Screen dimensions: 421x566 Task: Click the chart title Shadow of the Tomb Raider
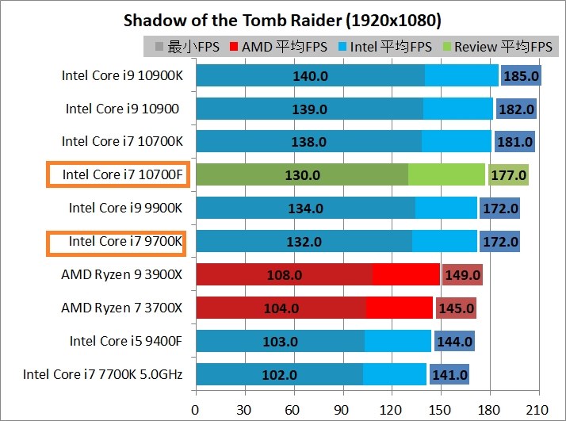[x=282, y=19]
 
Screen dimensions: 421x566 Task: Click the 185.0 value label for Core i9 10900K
[x=521, y=76]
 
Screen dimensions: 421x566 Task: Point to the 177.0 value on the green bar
[x=508, y=175]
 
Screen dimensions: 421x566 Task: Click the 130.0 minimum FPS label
[x=301, y=175]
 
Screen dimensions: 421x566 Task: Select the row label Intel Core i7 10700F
[x=117, y=174]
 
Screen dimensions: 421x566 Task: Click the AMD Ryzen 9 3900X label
[x=121, y=275]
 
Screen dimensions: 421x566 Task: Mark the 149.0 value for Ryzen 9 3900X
[x=462, y=275]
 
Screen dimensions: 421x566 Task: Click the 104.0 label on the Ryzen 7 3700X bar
[x=281, y=308]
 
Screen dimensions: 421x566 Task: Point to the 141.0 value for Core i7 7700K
[x=449, y=375]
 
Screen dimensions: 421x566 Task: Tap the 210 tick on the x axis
[x=539, y=410]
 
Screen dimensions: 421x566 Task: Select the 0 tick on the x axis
[x=196, y=410]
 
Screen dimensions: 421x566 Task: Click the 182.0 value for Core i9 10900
[x=516, y=109]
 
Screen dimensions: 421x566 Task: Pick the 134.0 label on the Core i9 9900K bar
[x=305, y=209]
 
